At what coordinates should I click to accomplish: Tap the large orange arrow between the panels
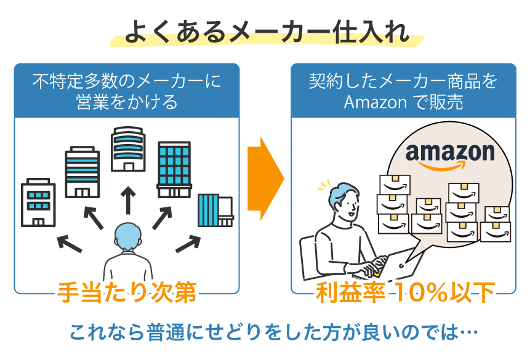click(x=265, y=179)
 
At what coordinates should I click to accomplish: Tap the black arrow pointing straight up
click(x=128, y=200)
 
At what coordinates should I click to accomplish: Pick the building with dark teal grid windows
click(x=174, y=169)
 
